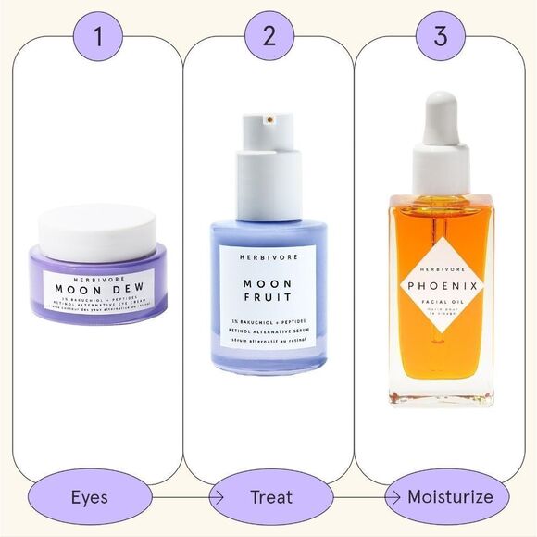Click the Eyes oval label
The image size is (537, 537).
point(90,497)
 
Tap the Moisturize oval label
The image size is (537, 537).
point(450,497)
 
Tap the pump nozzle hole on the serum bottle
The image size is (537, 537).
point(268,118)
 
